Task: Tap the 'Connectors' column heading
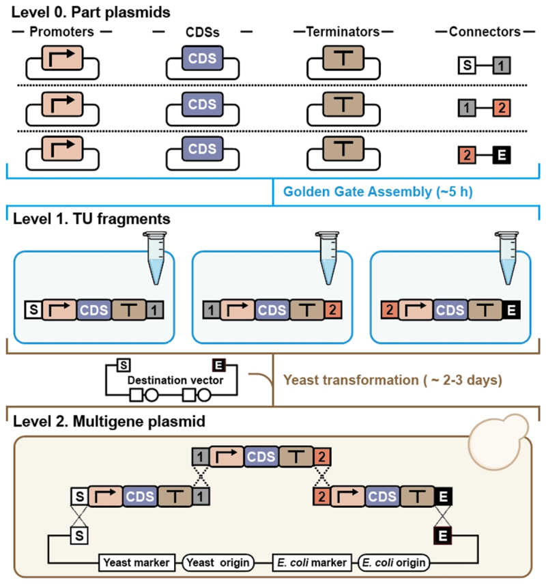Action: pos(485,31)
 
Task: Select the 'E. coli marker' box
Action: pos(311,562)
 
